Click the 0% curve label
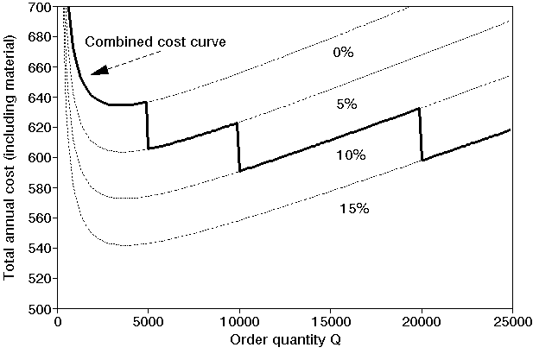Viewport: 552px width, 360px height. [x=344, y=53]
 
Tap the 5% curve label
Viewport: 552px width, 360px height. [x=346, y=104]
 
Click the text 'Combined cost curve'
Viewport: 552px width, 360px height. [x=155, y=41]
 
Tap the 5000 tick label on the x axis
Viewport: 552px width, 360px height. [x=148, y=323]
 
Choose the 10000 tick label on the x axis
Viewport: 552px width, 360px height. [x=239, y=323]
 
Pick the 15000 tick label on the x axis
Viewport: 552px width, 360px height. [x=331, y=323]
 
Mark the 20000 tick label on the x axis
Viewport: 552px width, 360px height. [x=422, y=323]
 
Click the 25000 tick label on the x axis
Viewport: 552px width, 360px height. [x=512, y=323]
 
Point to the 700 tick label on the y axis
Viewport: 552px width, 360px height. [x=38, y=8]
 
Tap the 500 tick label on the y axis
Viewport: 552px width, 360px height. [x=38, y=308]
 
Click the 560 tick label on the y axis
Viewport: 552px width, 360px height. [x=38, y=218]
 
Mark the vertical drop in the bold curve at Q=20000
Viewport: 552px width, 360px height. [x=421, y=135]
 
